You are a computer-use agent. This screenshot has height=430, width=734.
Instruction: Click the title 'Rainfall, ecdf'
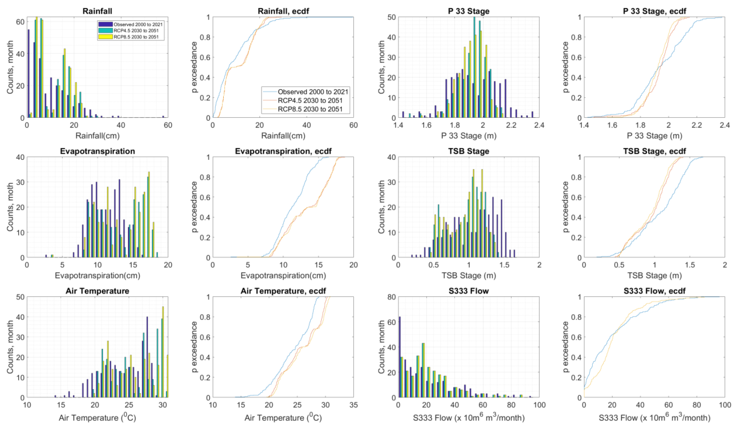(283, 11)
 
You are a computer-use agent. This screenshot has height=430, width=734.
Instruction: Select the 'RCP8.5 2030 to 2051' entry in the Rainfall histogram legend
(136, 37)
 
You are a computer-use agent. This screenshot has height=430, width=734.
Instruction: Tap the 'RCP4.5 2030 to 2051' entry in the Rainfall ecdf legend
(310, 101)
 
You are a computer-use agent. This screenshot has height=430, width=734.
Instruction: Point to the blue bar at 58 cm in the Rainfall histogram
(163, 116)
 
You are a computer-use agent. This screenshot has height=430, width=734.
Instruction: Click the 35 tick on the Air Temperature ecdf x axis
(353, 405)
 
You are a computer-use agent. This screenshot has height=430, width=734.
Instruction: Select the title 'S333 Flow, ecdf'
(654, 291)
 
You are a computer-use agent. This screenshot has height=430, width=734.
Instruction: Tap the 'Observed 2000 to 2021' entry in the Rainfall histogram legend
(138, 24)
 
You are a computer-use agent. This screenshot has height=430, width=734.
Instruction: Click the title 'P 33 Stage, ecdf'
(654, 11)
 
